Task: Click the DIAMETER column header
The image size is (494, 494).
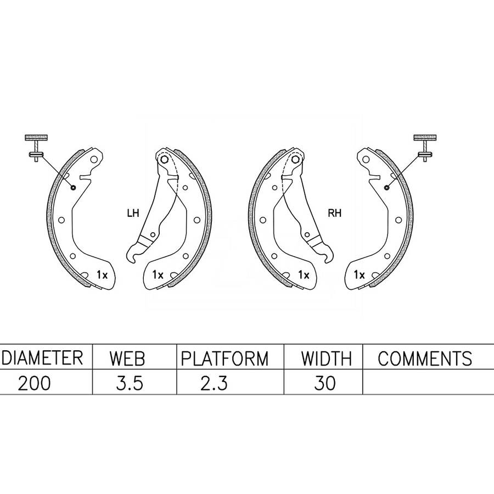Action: pos(42,357)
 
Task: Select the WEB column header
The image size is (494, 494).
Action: pos(127,358)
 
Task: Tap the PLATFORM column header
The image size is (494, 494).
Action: pos(224,358)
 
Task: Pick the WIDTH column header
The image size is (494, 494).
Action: pos(326,358)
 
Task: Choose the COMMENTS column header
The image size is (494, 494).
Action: pos(425,358)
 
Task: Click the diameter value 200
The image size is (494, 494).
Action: pos(34,384)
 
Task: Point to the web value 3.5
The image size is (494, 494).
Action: pos(130,384)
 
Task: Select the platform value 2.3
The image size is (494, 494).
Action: pos(214,384)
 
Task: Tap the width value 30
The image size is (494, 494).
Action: pos(325,384)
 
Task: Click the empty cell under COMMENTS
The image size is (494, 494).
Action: pos(428,381)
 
